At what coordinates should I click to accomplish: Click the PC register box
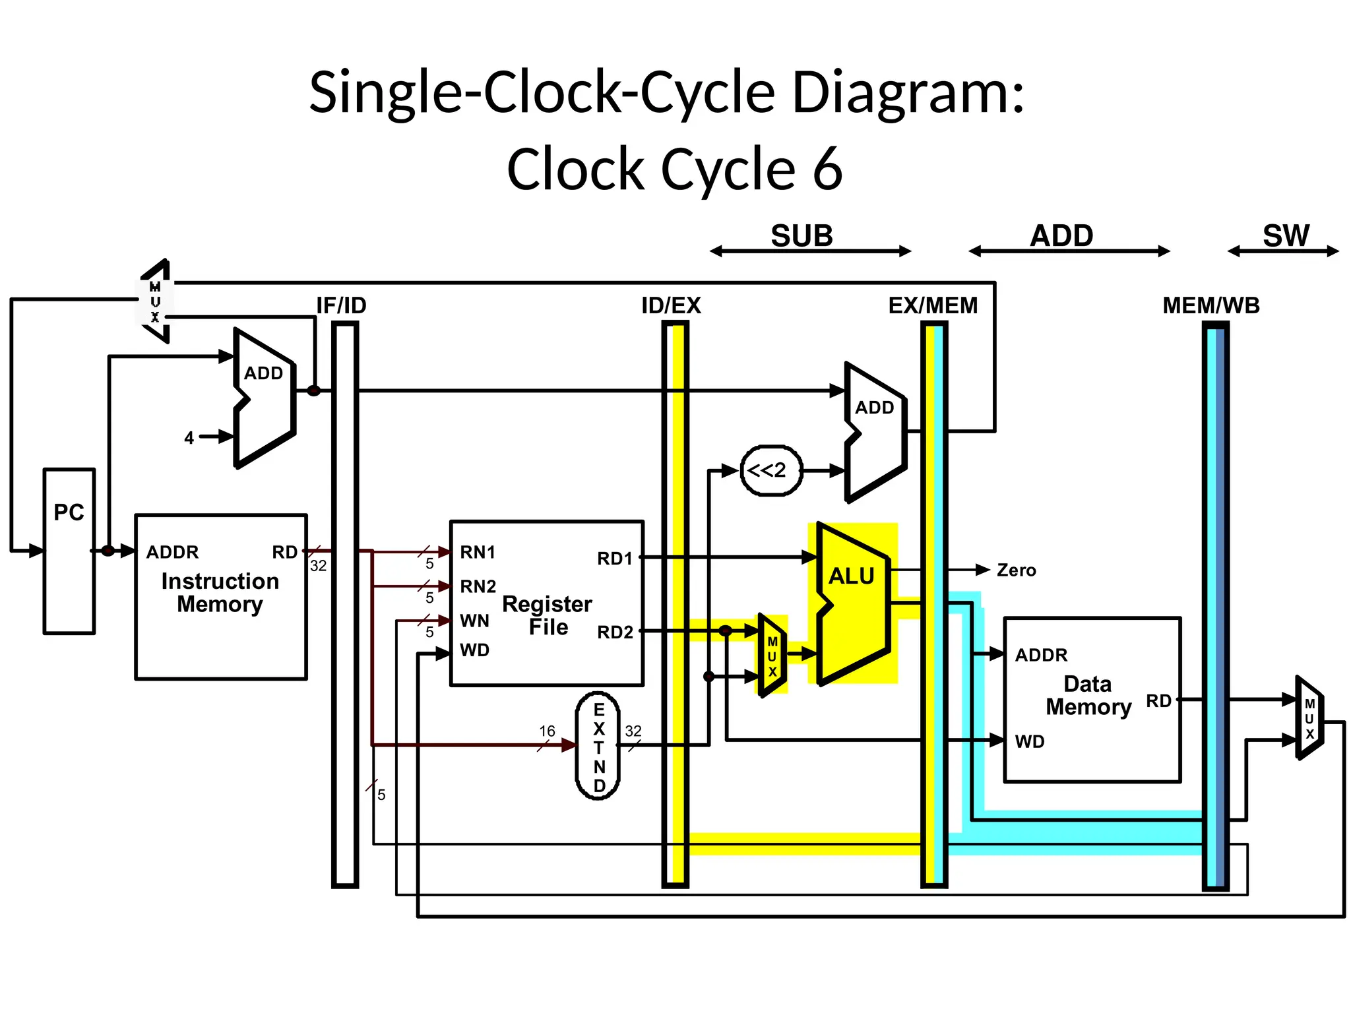(x=69, y=551)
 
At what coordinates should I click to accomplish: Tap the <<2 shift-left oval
(x=771, y=470)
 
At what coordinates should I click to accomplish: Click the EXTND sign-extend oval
(x=598, y=746)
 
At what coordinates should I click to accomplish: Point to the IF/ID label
(x=341, y=305)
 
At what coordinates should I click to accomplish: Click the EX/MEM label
(x=933, y=305)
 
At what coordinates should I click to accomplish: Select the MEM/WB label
(x=1210, y=305)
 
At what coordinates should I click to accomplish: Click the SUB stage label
(x=801, y=235)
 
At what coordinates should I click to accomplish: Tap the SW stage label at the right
(x=1286, y=235)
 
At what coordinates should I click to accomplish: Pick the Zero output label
(x=1016, y=570)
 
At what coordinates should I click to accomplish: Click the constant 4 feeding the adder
(x=189, y=438)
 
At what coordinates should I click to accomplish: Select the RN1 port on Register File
(x=478, y=552)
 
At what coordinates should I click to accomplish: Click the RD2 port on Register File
(x=615, y=632)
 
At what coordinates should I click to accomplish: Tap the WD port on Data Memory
(x=1030, y=741)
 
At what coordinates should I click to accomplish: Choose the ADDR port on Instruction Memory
(x=172, y=552)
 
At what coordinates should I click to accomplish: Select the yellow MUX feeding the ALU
(x=772, y=656)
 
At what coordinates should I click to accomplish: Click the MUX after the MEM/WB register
(x=1309, y=719)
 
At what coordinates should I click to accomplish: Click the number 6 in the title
(x=828, y=169)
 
